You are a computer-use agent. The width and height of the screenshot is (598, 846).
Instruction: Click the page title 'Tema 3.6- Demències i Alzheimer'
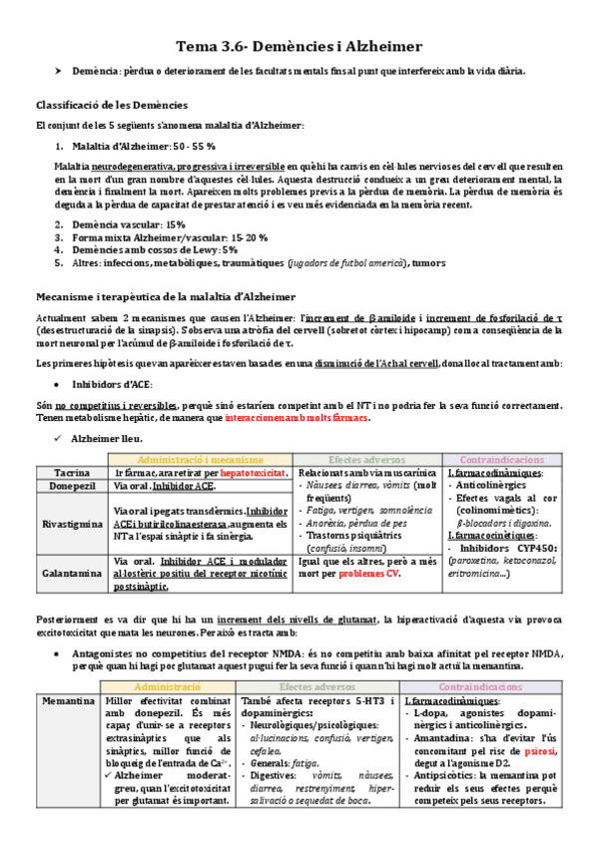pyautogui.click(x=299, y=47)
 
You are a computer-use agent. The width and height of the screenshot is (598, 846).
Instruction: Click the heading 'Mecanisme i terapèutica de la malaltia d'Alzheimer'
pyautogui.click(x=166, y=297)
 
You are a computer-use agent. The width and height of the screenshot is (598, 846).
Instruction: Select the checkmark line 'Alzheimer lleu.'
pyautogui.click(x=113, y=439)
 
